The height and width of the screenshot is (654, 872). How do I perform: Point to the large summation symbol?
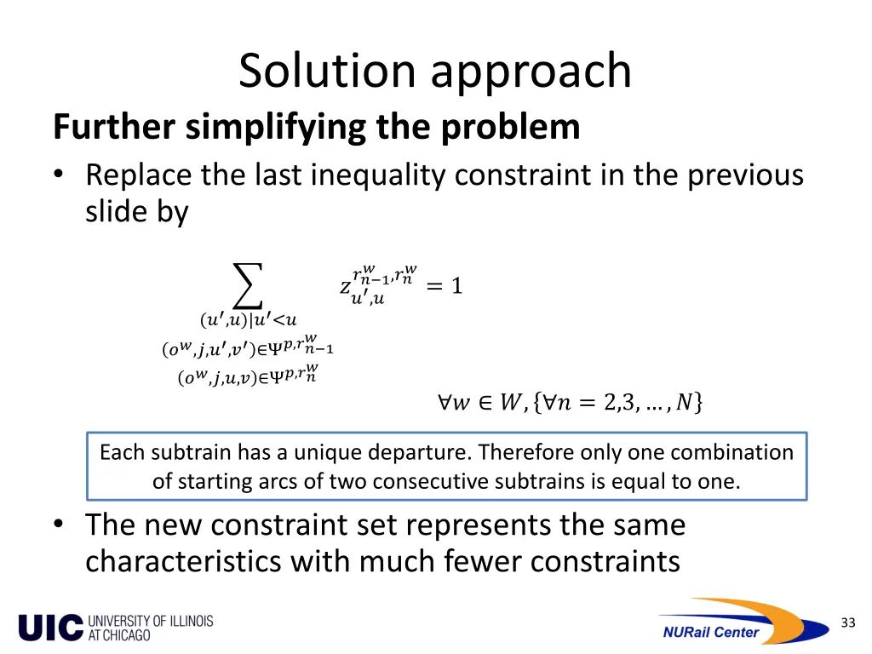(x=247, y=286)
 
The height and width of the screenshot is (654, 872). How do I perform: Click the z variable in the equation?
(x=346, y=287)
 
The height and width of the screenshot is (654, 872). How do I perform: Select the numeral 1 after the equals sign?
(x=456, y=286)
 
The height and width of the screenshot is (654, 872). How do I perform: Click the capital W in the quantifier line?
(x=508, y=402)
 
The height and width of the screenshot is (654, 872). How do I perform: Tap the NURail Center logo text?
(x=710, y=632)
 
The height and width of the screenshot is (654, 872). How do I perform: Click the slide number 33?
(x=847, y=622)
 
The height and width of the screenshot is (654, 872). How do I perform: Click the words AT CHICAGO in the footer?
(x=119, y=635)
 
